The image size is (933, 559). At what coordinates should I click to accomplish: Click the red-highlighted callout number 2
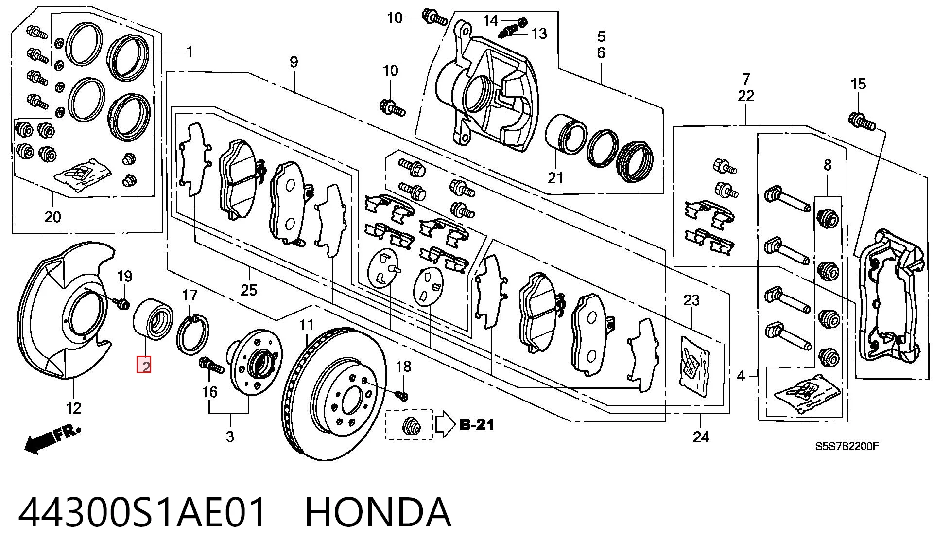[x=144, y=365]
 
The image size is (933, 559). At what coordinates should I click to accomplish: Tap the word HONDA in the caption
[x=378, y=512]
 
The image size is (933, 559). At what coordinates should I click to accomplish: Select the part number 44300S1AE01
[x=142, y=512]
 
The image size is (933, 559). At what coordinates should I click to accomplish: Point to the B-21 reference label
[x=477, y=425]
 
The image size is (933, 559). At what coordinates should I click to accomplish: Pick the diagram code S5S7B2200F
[x=847, y=446]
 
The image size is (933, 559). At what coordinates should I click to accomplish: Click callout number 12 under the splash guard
[x=73, y=408]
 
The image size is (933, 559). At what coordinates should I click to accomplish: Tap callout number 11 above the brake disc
[x=307, y=324]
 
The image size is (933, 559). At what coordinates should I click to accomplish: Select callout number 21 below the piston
[x=555, y=178]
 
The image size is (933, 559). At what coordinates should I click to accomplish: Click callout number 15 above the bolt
[x=858, y=84]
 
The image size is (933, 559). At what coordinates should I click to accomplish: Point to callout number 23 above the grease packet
[x=691, y=300]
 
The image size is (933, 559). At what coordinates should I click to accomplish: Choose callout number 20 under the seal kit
[x=52, y=217]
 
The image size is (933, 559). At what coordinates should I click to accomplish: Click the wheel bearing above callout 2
[x=151, y=319]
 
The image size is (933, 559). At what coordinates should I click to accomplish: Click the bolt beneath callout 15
[x=862, y=121]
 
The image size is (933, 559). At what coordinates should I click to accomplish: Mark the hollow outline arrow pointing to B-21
[x=445, y=425]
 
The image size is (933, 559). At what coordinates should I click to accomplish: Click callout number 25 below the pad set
[x=248, y=290]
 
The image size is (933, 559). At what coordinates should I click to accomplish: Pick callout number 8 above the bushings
[x=828, y=165]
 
